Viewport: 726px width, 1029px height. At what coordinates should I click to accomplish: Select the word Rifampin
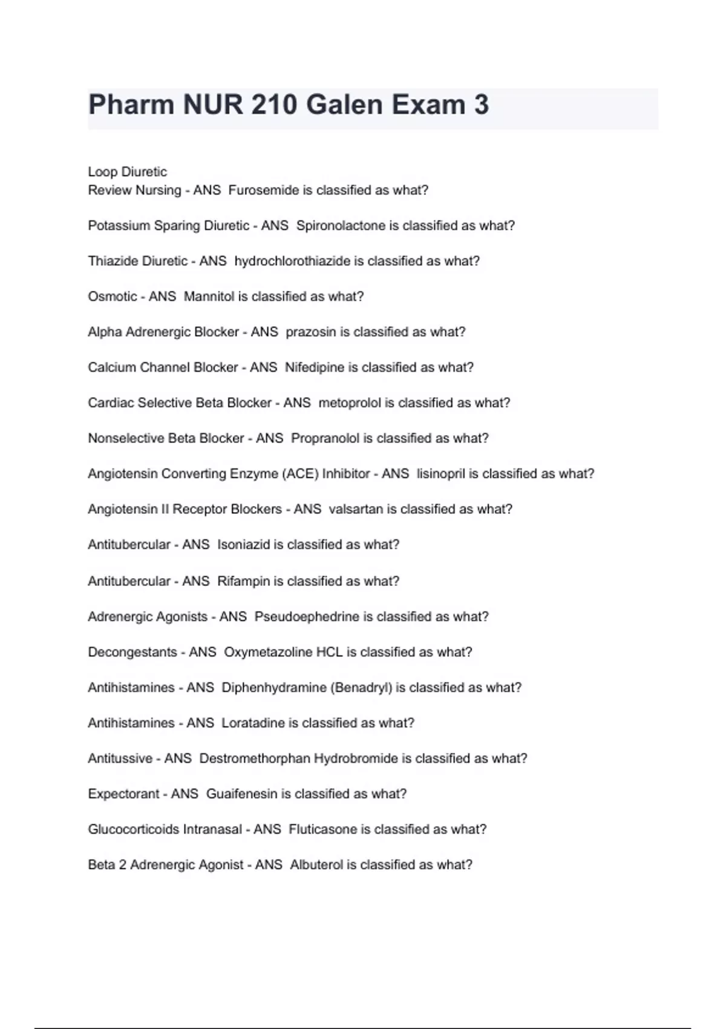(243, 581)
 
